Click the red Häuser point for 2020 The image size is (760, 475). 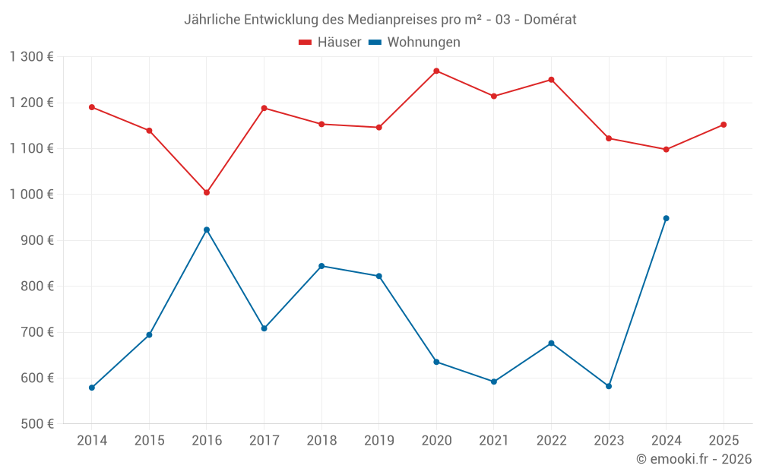coord(436,71)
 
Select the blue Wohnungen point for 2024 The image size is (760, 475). coord(666,218)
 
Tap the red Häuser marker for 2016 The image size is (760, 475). coord(207,192)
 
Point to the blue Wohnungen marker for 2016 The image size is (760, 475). coord(207,230)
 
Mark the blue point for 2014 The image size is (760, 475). coord(92,388)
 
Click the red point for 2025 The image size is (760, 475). coord(724,125)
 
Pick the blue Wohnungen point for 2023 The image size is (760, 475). coord(609,386)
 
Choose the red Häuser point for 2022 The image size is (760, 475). coord(551,80)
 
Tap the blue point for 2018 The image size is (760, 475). coord(321,266)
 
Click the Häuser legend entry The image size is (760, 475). coord(330,43)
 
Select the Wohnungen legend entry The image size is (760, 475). coord(415,43)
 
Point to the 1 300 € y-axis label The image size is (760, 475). coord(31,57)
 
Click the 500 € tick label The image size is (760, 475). coord(36,424)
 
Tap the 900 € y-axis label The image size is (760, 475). coord(36,240)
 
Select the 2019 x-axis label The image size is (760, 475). coord(378,441)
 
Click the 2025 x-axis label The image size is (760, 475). coord(724,441)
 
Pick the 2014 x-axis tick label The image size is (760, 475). coord(92,441)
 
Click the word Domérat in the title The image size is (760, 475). coord(549,20)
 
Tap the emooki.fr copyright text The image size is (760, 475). coord(694,459)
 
